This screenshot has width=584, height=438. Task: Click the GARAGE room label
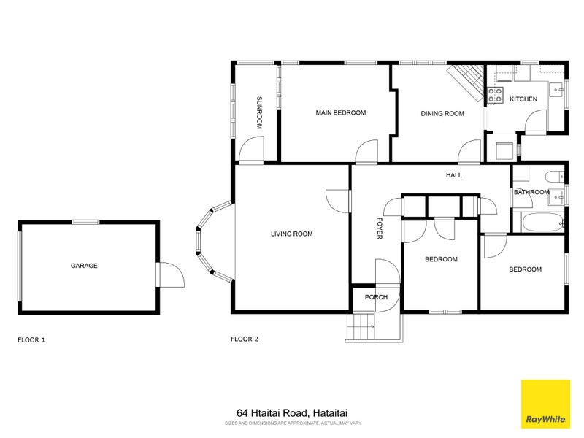(84, 266)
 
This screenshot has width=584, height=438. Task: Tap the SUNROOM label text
(258, 113)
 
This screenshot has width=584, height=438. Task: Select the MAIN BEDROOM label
(340, 113)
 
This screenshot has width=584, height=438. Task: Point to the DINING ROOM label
(442, 113)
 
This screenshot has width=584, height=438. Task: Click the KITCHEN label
(523, 99)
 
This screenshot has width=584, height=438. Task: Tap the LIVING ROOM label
(291, 234)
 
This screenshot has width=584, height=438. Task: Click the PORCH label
(376, 297)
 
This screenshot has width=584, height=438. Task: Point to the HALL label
(454, 175)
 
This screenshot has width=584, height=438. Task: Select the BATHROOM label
(531, 193)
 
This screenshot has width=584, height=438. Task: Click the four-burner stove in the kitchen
(495, 94)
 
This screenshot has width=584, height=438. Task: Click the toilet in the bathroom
(554, 175)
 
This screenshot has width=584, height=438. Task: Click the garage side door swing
(170, 275)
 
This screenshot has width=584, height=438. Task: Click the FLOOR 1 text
(31, 339)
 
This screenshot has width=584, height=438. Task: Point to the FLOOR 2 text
(245, 339)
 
